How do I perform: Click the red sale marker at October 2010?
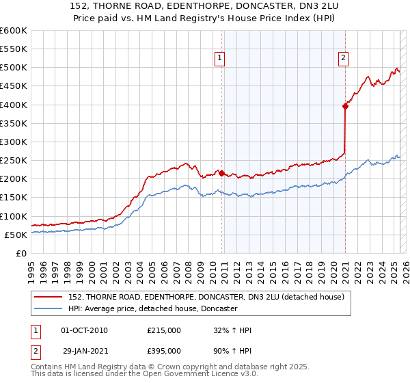click(x=221, y=173)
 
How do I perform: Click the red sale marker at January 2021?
click(x=346, y=106)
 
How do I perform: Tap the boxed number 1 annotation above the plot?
click(x=219, y=59)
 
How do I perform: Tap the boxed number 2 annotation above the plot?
click(x=342, y=59)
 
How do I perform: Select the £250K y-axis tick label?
click(x=13, y=161)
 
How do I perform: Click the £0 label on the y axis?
click(x=21, y=254)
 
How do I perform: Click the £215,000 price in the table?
click(x=164, y=330)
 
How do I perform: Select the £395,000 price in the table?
click(x=164, y=351)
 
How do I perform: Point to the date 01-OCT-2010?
click(x=84, y=330)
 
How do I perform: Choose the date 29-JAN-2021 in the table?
click(x=84, y=351)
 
